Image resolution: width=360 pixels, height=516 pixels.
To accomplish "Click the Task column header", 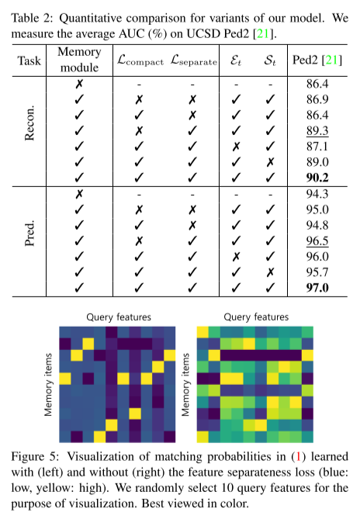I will (x=29, y=61).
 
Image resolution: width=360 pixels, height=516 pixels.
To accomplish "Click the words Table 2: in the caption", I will (x=30, y=9).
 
